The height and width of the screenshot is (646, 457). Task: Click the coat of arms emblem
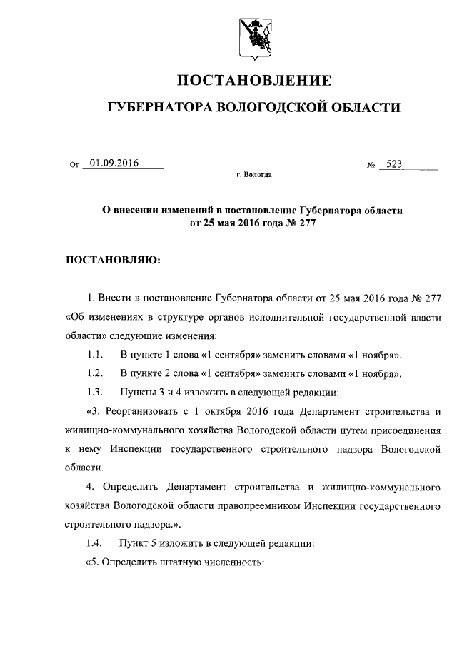[253, 36]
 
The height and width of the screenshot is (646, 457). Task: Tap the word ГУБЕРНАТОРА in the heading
[157, 108]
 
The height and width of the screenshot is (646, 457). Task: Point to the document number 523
[394, 163]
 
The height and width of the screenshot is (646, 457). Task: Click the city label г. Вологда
[253, 174]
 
